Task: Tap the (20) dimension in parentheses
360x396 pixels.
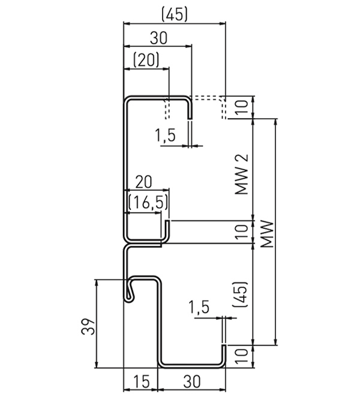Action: pyautogui.click(x=146, y=59)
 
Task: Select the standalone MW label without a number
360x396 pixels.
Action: pyautogui.click(x=266, y=235)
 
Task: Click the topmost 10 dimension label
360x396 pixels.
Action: pyautogui.click(x=241, y=107)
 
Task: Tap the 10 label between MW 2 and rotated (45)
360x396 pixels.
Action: pyautogui.click(x=241, y=230)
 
